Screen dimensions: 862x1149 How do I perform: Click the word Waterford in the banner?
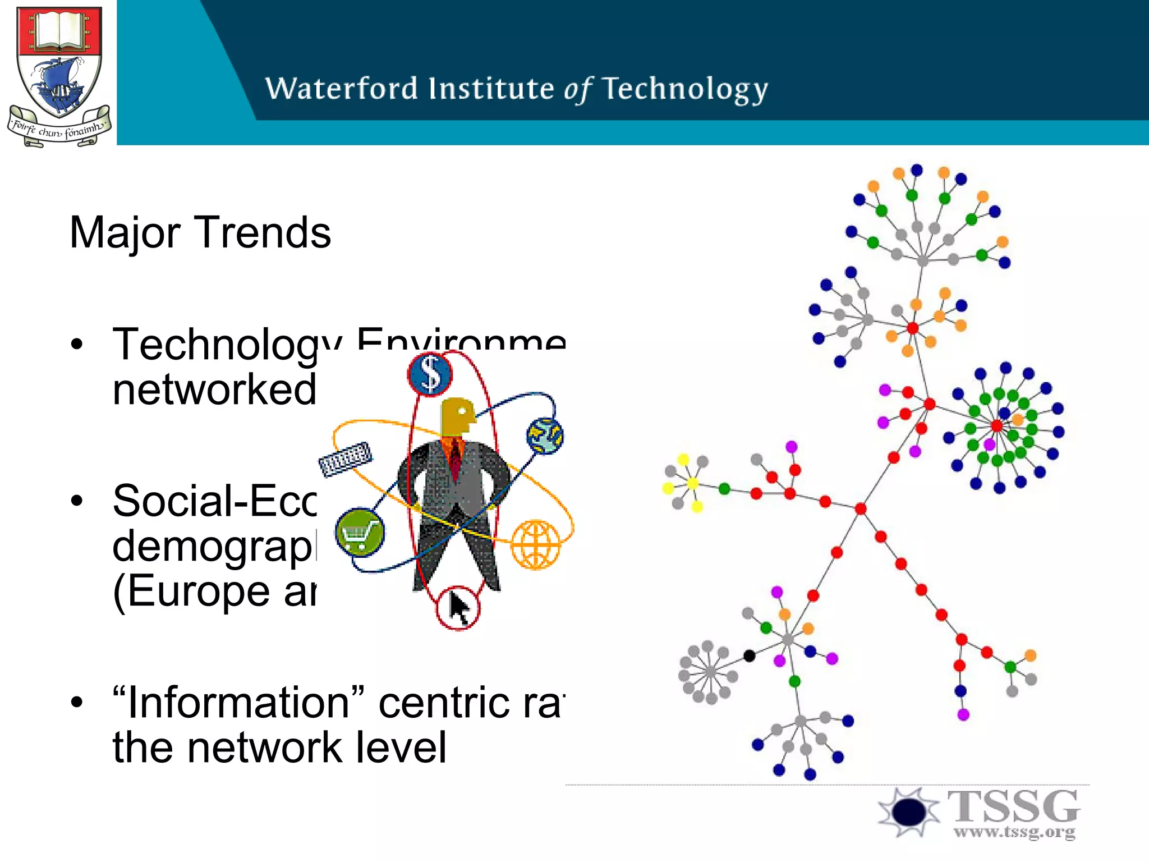tap(341, 89)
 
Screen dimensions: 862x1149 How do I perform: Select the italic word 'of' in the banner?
tap(578, 90)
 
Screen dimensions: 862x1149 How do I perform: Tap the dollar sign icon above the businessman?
tap(430, 374)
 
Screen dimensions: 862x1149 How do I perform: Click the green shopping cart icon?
tap(360, 532)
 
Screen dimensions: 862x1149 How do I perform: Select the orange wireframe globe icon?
tap(536, 544)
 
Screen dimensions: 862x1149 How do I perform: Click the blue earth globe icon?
tap(545, 435)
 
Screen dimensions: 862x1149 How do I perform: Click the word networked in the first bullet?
tap(214, 389)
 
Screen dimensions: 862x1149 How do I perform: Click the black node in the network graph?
tap(749, 655)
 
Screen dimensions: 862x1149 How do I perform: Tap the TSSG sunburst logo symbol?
tap(908, 811)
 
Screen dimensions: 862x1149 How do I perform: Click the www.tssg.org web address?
tap(1014, 832)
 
